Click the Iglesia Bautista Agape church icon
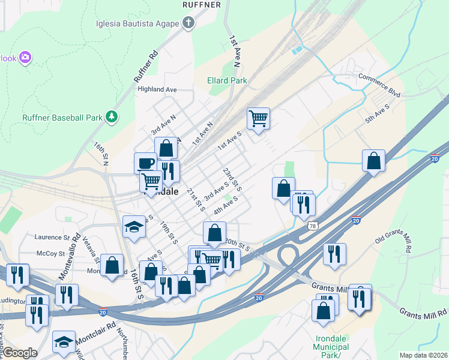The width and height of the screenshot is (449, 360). click(x=188, y=23)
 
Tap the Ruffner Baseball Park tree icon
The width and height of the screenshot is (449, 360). click(x=111, y=116)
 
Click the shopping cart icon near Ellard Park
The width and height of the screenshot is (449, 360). click(x=258, y=118)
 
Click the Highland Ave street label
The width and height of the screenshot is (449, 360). click(x=157, y=89)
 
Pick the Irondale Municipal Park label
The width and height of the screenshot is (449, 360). click(x=331, y=347)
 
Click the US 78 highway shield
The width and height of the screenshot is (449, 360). click(x=312, y=226)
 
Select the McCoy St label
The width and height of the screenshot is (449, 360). click(x=46, y=254)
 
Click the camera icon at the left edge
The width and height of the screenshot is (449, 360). click(x=25, y=58)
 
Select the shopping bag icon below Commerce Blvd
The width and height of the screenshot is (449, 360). click(x=373, y=161)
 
